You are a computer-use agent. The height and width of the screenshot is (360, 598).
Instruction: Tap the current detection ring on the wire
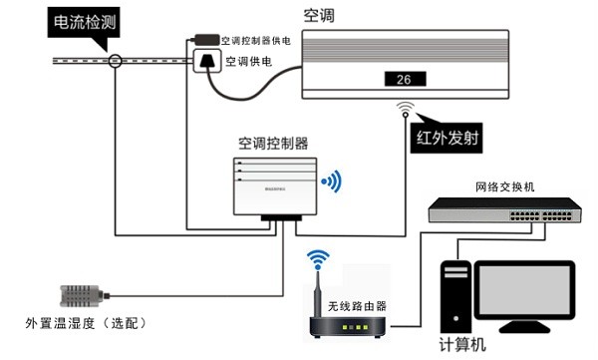point(117,61)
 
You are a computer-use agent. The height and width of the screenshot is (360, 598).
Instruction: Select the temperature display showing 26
point(404,80)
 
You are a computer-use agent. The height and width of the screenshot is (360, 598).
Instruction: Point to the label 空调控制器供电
point(258,40)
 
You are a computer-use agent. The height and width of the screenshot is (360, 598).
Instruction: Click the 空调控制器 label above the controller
point(273,143)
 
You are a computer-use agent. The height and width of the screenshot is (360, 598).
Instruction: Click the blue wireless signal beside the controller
point(331,181)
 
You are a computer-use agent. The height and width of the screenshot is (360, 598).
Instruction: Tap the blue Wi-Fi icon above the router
point(317,260)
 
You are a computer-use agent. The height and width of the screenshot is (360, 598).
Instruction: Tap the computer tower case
point(455,295)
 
